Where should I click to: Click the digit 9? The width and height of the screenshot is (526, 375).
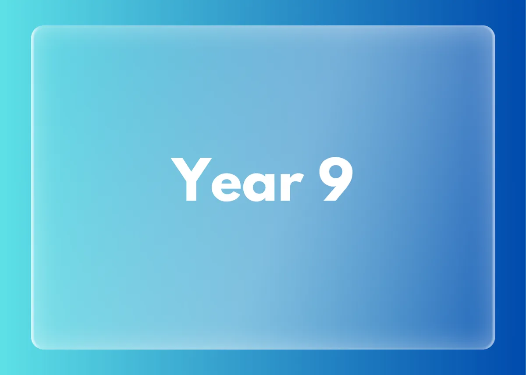click(336, 179)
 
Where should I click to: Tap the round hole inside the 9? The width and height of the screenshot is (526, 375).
click(336, 172)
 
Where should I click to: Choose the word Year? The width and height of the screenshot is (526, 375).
click(238, 180)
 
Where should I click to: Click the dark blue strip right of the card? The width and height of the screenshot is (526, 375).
click(511, 187)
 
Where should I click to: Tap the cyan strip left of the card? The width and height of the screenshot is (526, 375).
click(15, 187)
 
